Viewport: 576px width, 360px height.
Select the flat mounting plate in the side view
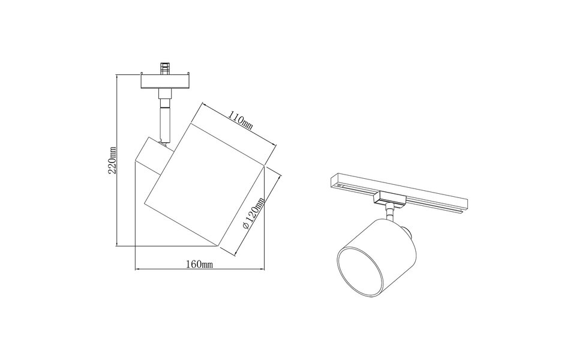click(164, 82)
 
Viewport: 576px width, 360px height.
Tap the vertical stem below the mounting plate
click(164, 117)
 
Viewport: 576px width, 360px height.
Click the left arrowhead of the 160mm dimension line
click(137, 268)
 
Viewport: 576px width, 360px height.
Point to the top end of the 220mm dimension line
click(118, 76)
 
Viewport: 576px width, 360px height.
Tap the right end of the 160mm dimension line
click(265, 268)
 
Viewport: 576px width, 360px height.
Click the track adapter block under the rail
click(385, 197)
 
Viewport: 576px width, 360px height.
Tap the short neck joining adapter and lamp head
click(391, 211)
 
